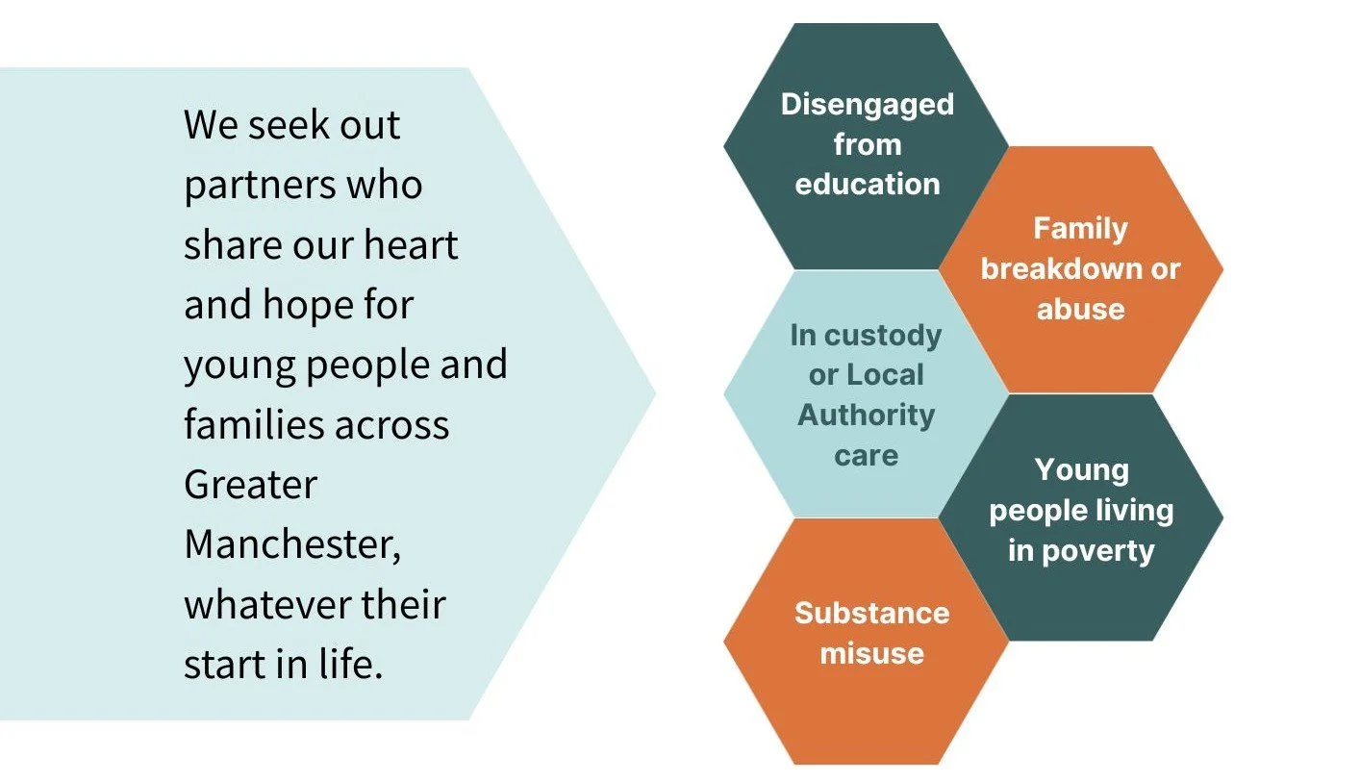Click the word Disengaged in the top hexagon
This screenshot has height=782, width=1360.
tap(867, 104)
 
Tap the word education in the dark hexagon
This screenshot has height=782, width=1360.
tap(867, 184)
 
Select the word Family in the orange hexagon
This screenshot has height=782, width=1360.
tap(1080, 228)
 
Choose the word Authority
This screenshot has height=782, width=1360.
tap(866, 415)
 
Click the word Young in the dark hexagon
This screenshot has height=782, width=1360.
tap(1081, 470)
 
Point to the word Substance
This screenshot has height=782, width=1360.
tap(871, 613)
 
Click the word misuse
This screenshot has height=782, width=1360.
tap(871, 653)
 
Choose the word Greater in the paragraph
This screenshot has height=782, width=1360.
tap(250, 484)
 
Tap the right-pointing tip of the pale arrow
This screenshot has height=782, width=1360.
tap(654, 392)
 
